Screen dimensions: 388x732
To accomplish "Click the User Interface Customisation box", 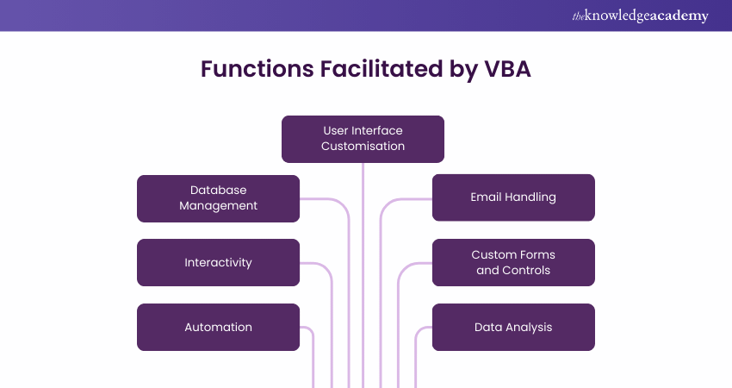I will (363, 139).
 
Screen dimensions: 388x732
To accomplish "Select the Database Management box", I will (218, 198).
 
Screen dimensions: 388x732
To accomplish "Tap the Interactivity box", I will (218, 262).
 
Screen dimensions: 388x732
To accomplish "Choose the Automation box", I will (218, 327).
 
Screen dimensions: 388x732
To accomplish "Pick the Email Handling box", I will (513, 197).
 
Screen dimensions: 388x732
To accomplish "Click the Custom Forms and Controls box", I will (513, 262).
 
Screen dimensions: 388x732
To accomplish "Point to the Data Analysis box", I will (513, 327).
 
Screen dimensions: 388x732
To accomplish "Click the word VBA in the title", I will (502, 70).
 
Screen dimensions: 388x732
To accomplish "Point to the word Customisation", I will (363, 147).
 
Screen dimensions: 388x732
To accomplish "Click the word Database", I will (218, 190).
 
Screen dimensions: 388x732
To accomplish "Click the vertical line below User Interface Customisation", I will (363, 259).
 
